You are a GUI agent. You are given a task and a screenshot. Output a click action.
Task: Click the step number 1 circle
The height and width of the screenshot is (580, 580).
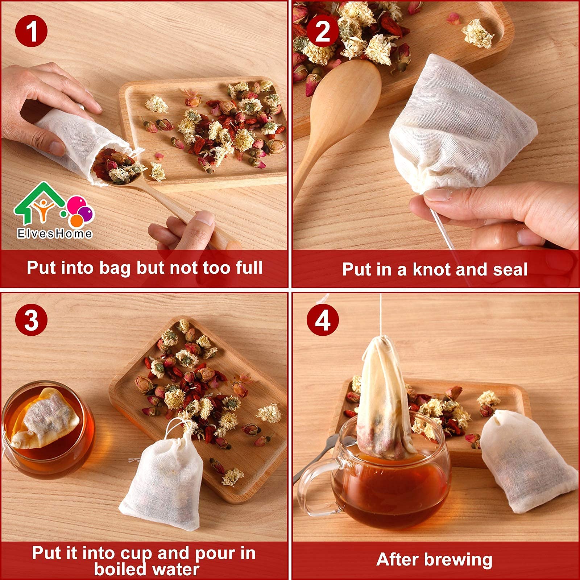[x=32, y=31]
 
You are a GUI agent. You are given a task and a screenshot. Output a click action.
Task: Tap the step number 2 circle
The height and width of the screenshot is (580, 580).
[x=323, y=32]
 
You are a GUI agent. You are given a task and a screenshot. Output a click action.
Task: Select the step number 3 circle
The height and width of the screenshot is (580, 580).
[x=32, y=320]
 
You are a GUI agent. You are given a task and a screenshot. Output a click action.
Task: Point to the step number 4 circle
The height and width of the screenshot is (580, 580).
[x=323, y=320]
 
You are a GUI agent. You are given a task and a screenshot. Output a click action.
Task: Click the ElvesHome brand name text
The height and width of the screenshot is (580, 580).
[x=55, y=233]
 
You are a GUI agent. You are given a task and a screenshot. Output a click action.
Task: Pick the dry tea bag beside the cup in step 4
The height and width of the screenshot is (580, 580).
[x=527, y=462]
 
